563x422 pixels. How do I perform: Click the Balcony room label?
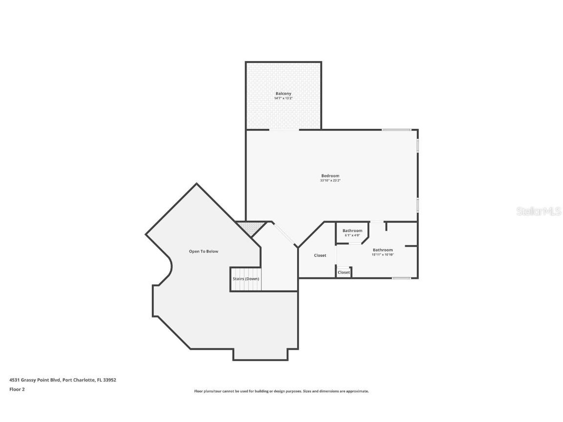click(283, 93)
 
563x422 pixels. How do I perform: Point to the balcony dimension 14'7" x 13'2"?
click(283, 98)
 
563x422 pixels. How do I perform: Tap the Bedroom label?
click(330, 176)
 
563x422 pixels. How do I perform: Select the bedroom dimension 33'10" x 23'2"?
click(330, 181)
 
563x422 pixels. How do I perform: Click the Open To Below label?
click(203, 252)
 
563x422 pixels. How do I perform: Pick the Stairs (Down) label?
click(246, 279)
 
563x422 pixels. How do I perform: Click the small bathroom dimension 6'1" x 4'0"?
click(352, 235)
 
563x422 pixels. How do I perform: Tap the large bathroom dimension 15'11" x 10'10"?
click(383, 254)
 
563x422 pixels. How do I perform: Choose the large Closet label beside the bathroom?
click(320, 255)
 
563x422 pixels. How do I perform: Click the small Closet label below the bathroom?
click(344, 273)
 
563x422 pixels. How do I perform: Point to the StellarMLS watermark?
click(540, 211)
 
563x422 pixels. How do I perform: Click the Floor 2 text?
click(17, 389)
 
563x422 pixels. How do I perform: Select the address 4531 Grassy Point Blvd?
click(34, 380)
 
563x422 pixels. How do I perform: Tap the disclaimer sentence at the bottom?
click(281, 391)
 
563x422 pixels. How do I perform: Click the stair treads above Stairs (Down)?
click(246, 271)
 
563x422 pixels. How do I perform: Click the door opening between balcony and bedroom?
click(284, 130)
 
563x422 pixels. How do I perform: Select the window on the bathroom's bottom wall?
click(402, 278)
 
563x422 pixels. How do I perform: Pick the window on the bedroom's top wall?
click(396, 129)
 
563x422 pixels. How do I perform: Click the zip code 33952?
click(109, 380)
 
